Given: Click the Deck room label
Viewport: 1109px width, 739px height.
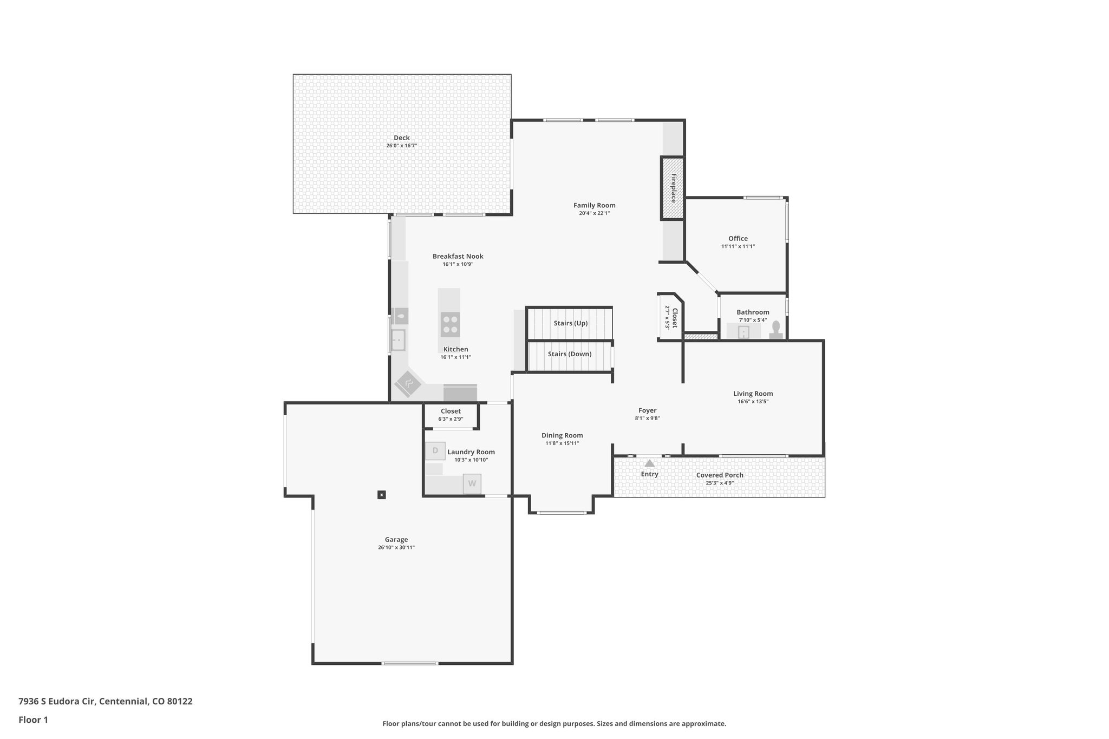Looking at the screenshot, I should coord(401,138).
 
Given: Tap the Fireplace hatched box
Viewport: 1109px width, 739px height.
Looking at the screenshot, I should coord(672,188).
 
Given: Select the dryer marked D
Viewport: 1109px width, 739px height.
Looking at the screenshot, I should coord(435,450).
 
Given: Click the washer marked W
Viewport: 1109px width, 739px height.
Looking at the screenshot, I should coord(472,483).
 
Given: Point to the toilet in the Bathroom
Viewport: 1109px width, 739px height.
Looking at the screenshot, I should coord(776,330).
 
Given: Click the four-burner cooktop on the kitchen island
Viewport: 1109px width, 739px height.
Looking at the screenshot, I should coord(449,324).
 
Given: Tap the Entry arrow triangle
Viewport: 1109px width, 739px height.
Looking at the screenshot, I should coord(649,463).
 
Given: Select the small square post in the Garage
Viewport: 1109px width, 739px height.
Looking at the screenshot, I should coord(382,494).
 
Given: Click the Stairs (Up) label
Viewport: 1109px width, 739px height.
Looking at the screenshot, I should coord(570,323).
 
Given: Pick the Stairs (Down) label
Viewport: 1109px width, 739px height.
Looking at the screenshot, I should coord(569,354).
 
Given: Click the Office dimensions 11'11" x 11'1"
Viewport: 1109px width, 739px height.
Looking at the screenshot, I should coord(738,246).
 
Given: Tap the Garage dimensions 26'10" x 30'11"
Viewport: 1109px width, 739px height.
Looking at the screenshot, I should coord(396,547).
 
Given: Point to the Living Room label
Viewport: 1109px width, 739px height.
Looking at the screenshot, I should coord(753,394).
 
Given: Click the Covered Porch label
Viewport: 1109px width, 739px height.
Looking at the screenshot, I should coord(719,475).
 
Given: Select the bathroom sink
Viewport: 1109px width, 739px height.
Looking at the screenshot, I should coord(743,332).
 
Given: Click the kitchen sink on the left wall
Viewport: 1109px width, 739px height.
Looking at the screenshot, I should coord(398,340).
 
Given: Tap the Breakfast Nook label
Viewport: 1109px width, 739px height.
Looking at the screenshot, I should coord(458,256).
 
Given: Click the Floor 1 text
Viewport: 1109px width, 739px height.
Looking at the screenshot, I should coord(33,720).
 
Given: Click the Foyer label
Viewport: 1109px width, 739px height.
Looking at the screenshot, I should coord(647,410).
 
